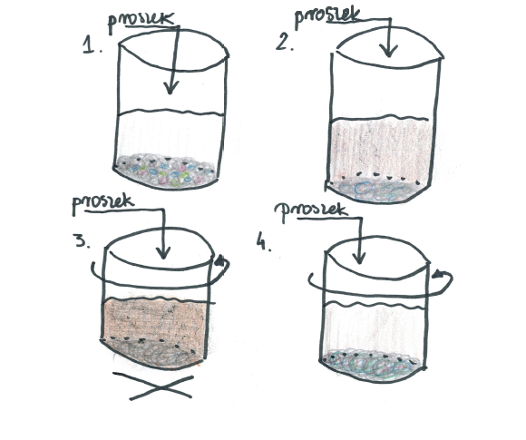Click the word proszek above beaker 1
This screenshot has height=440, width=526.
point(141,23)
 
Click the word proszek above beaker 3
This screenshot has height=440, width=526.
point(103,204)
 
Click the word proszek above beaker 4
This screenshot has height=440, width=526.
point(309,212)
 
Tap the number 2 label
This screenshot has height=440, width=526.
point(285,42)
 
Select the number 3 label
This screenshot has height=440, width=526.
point(83,240)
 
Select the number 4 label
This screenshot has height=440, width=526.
point(264,241)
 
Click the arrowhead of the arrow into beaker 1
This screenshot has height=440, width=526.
point(170,88)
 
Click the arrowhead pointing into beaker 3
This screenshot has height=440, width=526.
point(163,253)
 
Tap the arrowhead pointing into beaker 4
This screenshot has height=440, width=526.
point(359,258)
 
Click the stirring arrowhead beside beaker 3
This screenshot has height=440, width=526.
point(220,260)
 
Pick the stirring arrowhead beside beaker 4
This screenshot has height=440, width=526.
point(438,274)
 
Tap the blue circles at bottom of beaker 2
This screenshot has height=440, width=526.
point(374,191)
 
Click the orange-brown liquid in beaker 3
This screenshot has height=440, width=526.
point(155,318)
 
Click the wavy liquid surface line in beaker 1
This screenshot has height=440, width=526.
point(171,112)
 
